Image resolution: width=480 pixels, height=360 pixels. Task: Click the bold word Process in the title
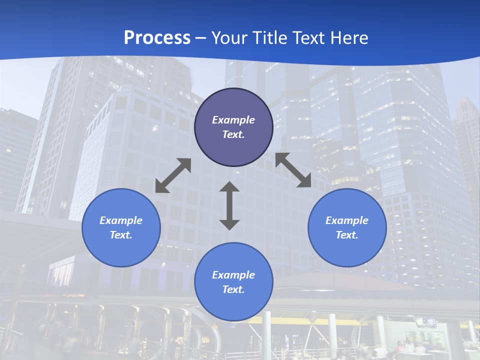coord(157,38)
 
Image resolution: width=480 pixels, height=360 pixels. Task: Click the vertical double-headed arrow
coord(229,205)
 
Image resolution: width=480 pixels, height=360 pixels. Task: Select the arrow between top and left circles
coord(173,175)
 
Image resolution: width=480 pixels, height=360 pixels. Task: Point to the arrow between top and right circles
coord(293,170)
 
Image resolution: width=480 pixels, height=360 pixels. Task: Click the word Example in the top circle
coord(233,120)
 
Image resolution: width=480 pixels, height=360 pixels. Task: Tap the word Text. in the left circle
coord(121,235)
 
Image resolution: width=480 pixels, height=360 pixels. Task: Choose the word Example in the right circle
coord(347,220)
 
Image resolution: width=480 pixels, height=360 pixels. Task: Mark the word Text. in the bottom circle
coord(233,289)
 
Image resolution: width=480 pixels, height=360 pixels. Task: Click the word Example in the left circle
coord(121,220)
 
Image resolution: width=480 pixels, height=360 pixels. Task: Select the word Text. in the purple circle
coord(233,134)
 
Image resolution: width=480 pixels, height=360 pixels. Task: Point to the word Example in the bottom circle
coord(233,275)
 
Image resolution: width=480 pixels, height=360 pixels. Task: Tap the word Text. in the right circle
coord(347,235)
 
